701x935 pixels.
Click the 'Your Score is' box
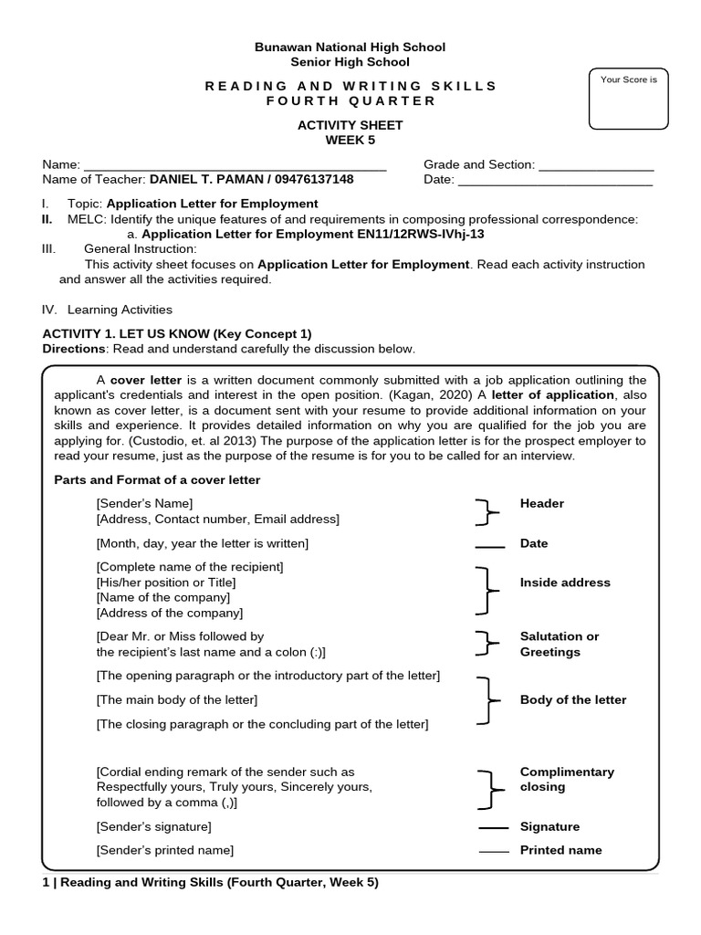(x=629, y=100)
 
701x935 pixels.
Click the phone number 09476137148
(x=310, y=180)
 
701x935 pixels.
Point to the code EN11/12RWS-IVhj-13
(x=413, y=234)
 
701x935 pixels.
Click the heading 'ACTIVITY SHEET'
(x=350, y=125)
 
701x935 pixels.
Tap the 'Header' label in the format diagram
(x=542, y=504)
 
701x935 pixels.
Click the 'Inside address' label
(x=565, y=583)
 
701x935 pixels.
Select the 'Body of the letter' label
(x=573, y=700)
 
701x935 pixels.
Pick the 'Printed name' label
(x=560, y=850)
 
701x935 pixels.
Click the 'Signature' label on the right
(x=549, y=827)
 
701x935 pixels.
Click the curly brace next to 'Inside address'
(x=487, y=590)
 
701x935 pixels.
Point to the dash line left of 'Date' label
(x=490, y=545)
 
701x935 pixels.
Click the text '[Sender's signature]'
(x=153, y=827)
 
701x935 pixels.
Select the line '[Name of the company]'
(x=163, y=598)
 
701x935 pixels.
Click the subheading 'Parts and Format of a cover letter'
(x=157, y=480)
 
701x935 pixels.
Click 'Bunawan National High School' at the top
(x=350, y=47)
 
